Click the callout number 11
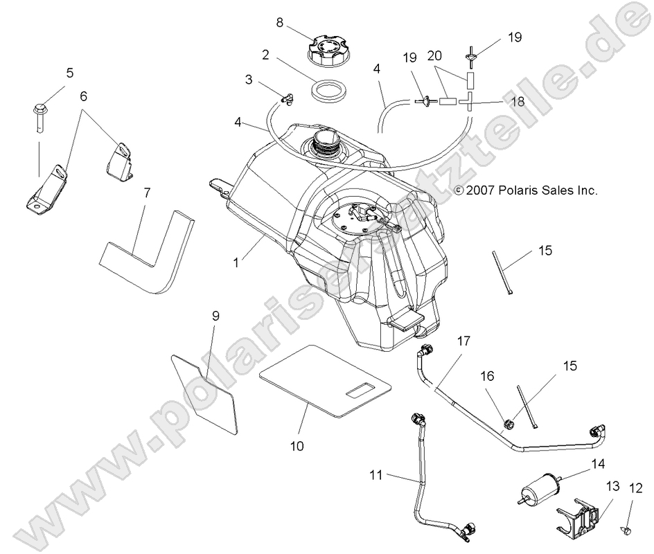[375, 475]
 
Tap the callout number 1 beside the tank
[238, 263]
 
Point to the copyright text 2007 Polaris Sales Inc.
[525, 190]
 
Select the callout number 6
[84, 97]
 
